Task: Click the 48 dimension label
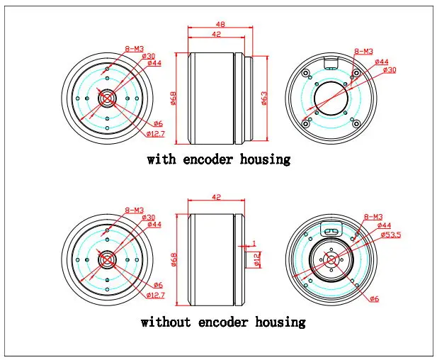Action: click(x=220, y=24)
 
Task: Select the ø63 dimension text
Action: click(x=264, y=99)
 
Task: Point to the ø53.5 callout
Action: click(x=391, y=235)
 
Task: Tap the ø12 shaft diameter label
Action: click(x=257, y=259)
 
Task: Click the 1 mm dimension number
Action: click(x=254, y=244)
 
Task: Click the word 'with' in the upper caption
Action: click(x=161, y=159)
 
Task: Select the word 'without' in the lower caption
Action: click(x=166, y=322)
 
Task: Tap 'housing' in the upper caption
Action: click(x=265, y=160)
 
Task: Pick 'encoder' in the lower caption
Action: click(x=223, y=322)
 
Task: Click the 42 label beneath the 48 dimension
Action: click(x=216, y=34)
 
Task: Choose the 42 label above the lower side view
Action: click(x=216, y=197)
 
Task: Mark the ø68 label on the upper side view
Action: click(x=173, y=99)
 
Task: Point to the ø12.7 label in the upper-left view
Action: click(x=156, y=134)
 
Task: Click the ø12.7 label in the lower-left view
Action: click(x=156, y=295)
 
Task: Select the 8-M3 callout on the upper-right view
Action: click(x=363, y=51)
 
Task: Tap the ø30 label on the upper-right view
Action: click(x=390, y=69)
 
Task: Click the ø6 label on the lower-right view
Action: click(x=375, y=299)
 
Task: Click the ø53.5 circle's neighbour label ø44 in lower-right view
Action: click(x=385, y=225)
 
